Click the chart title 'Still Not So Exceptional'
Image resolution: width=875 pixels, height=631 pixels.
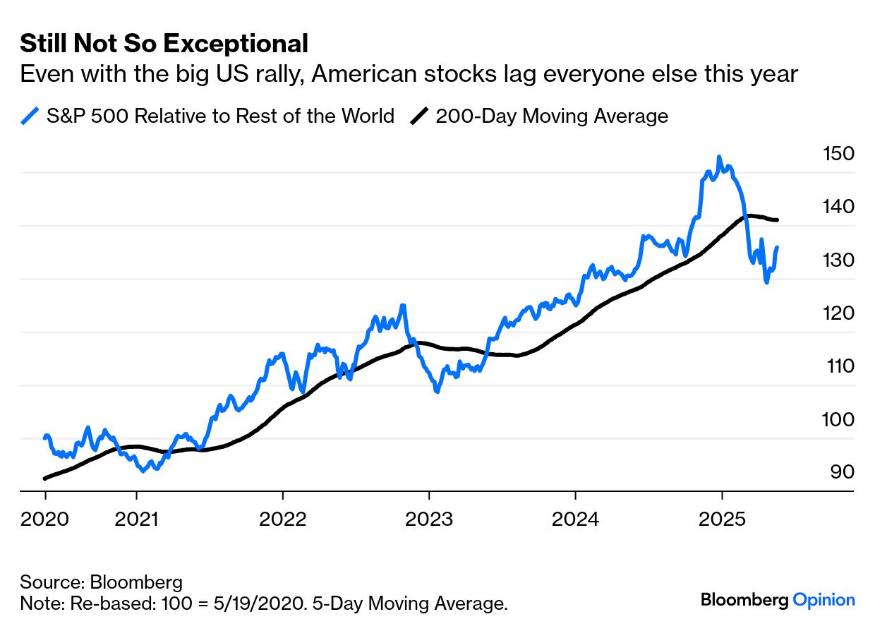[164, 44]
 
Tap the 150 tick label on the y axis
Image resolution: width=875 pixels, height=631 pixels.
[838, 154]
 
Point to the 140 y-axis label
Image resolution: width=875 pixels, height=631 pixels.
[838, 207]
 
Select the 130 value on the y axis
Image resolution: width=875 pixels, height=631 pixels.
[838, 260]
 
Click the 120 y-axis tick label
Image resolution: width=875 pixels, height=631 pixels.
[838, 313]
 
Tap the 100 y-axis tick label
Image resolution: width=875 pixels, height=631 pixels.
[838, 419]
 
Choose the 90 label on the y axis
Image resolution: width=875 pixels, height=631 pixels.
[842, 471]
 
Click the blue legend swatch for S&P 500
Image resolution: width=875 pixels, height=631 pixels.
[30, 116]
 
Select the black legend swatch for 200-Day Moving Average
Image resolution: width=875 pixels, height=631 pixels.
[420, 116]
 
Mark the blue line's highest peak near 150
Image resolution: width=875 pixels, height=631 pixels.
[719, 157]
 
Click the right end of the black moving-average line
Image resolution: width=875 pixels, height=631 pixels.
[777, 220]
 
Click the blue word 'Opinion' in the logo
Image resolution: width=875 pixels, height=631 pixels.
[823, 601]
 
